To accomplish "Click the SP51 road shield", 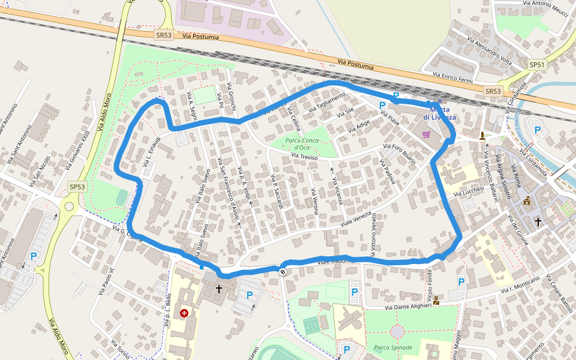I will tap(537, 65).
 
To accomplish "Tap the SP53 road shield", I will tap(77, 187).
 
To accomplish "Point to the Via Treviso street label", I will tap(304, 157).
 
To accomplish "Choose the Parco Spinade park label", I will tap(393, 347).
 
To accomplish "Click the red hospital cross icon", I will tap(184, 313).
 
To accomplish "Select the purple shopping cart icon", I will tap(427, 134).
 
